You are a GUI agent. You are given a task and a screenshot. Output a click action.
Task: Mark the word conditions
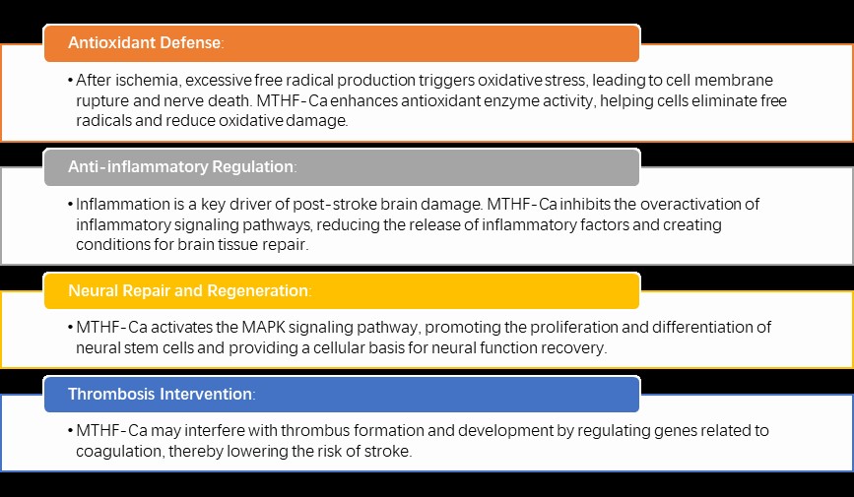(113, 244)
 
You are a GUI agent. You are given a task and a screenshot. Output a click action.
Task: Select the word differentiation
(704, 327)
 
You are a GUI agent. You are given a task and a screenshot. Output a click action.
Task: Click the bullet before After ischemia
(71, 81)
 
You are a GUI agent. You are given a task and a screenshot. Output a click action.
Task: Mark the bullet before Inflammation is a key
(71, 205)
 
